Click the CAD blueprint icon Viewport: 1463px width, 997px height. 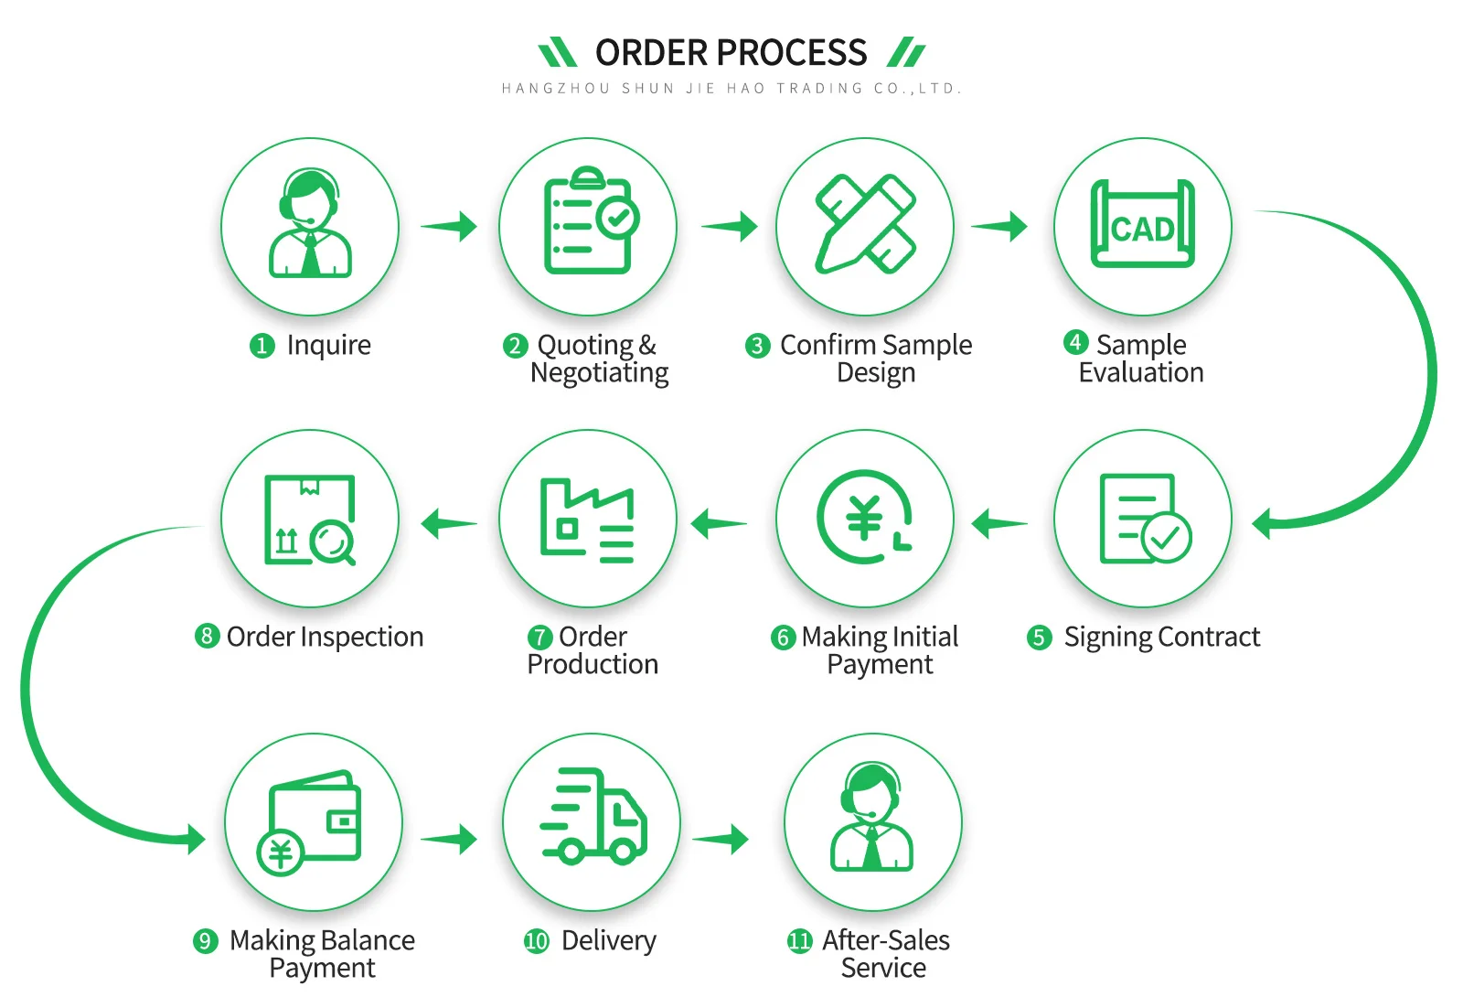pos(1142,225)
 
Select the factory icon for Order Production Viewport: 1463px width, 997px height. pos(587,519)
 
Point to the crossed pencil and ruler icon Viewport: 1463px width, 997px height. pos(865,224)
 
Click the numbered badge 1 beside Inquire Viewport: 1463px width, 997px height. pos(262,346)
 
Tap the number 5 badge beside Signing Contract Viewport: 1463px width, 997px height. pos(1039,638)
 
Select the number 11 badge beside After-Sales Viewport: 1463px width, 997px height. pos(799,941)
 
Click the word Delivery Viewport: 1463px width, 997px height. pos(608,940)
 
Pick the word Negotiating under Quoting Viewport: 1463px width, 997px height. pos(599,373)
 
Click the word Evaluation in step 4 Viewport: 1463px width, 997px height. pos(1140,372)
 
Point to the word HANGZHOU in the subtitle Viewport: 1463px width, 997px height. pos(555,89)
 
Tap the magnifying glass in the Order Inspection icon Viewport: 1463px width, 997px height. pos(332,542)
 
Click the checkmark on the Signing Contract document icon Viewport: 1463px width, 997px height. pos(1166,538)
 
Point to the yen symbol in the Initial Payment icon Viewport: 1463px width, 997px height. pos(863,518)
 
